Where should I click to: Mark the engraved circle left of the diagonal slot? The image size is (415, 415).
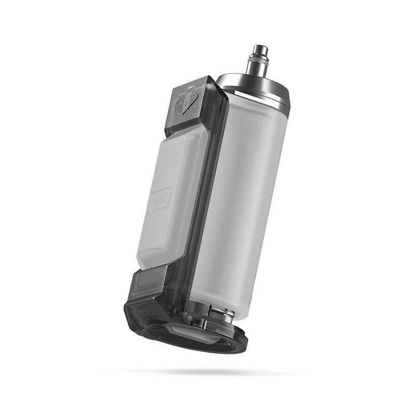click(x=179, y=108)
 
